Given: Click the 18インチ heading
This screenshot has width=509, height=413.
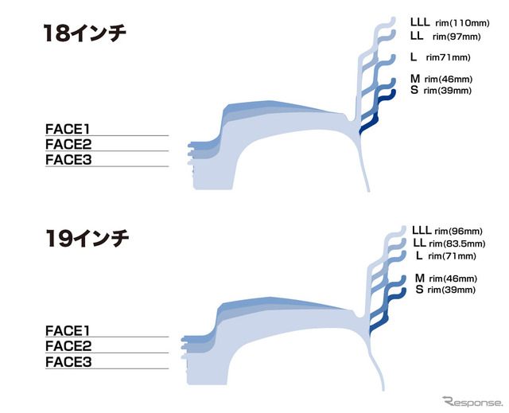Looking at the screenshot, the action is [85, 33].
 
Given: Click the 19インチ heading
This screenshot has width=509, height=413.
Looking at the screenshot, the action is [87, 238].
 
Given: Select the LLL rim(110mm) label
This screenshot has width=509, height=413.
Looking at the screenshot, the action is [450, 22].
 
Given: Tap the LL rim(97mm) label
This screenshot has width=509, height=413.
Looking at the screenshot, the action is [445, 36].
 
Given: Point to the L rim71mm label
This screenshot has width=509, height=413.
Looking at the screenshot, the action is [440, 57].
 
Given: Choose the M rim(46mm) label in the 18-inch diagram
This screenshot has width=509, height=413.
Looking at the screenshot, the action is [441, 79].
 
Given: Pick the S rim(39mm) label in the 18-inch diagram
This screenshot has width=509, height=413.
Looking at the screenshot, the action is [441, 90].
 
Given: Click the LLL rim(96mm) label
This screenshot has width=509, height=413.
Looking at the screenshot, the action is [447, 231].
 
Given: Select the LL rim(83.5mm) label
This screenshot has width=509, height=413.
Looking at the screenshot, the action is [449, 243].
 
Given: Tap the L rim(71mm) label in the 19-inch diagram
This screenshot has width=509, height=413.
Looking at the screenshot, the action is [446, 256].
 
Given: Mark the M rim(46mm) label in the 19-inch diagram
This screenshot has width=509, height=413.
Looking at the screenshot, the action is [446, 279].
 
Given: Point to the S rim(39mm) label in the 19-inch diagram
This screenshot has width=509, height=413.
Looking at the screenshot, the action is [445, 290].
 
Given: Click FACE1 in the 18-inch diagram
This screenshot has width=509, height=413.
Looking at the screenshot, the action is [67, 129].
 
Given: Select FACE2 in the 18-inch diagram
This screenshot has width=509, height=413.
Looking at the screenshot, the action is [68, 144].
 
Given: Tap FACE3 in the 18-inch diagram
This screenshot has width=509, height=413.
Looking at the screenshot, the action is [68, 160].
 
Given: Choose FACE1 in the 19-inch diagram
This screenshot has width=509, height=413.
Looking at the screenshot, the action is [67, 330].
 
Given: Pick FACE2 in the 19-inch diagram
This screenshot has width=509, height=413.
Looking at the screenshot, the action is [68, 346].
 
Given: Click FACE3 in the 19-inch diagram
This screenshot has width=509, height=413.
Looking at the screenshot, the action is [68, 362].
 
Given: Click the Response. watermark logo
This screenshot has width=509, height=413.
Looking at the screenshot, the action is [472, 402].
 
